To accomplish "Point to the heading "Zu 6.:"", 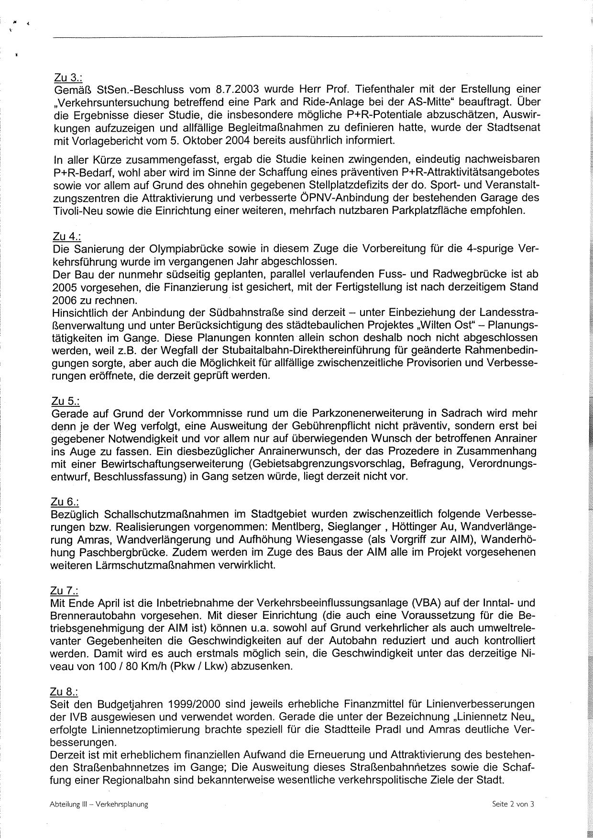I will pos(65,502).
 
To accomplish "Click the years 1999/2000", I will pos(200,704).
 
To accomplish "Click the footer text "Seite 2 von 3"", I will pos(513,804).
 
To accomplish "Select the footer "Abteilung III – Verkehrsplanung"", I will pos(99,805).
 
